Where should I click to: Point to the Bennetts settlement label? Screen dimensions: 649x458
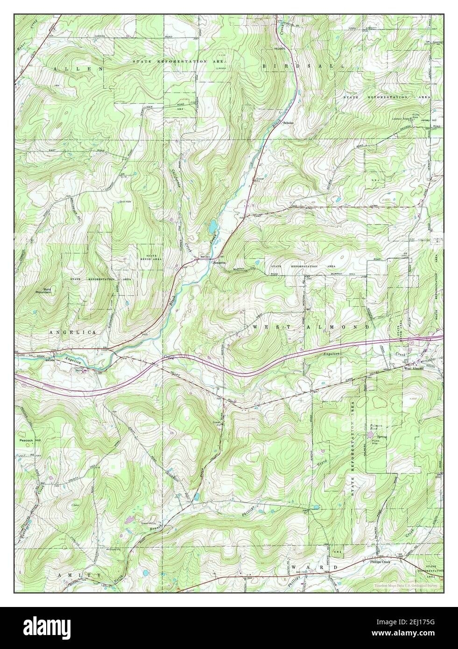[x=219, y=263]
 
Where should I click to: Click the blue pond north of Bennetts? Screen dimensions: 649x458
[x=212, y=226]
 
